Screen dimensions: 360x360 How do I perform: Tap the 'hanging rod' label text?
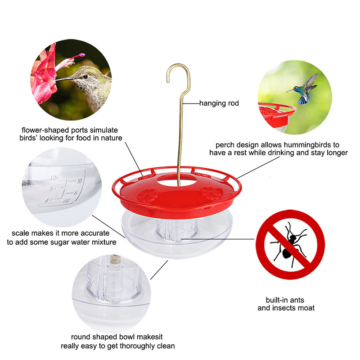pyautogui.click(x=220, y=103)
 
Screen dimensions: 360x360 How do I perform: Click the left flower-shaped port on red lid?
pyautogui.click(x=148, y=195)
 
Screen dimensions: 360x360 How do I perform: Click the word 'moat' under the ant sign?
pyautogui.click(x=305, y=308)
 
